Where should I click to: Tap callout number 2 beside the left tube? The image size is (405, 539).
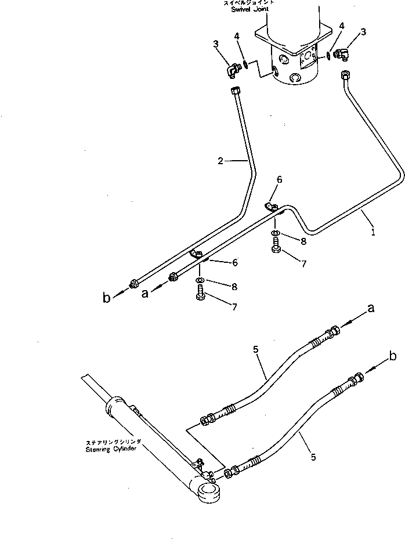(x=220, y=161)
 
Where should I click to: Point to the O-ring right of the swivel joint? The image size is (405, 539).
(x=329, y=56)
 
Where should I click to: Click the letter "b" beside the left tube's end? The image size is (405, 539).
(x=106, y=298)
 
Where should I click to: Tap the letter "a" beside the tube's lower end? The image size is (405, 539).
(x=144, y=294)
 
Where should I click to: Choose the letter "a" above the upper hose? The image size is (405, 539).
(x=371, y=309)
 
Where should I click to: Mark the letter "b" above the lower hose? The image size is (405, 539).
(x=393, y=354)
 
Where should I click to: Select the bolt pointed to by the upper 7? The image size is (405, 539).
(x=276, y=249)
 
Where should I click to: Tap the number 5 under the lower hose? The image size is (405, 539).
(x=313, y=457)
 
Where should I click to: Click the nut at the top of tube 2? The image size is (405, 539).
(x=236, y=90)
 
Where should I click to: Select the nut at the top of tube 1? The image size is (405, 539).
(x=345, y=74)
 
